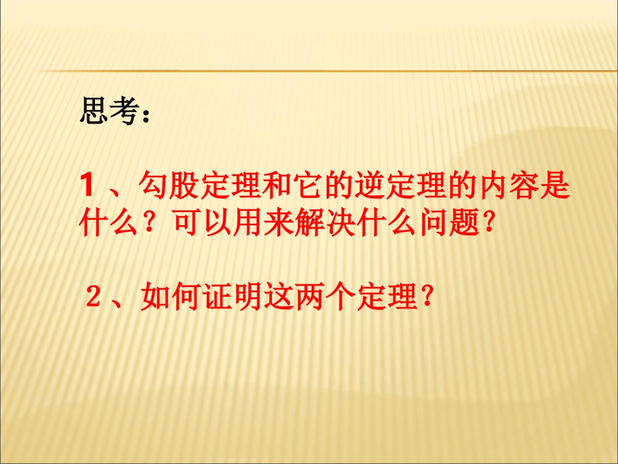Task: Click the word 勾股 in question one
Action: pos(170,188)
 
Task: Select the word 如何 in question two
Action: pos(169,299)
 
